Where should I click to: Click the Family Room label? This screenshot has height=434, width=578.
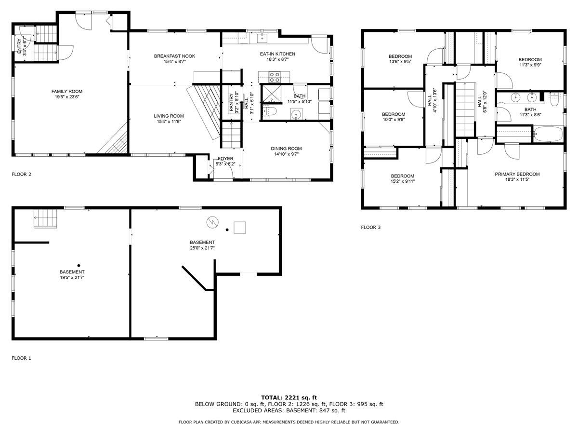click(67, 91)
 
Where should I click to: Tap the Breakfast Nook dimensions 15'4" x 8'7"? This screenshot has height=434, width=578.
click(174, 62)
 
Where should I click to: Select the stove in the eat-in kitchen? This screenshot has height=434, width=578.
click(274, 76)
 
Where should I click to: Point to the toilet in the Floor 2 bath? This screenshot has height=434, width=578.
click(269, 111)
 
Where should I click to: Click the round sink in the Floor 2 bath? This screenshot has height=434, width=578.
click(296, 114)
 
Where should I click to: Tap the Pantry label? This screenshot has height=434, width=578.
click(231, 102)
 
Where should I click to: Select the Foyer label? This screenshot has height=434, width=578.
click(225, 158)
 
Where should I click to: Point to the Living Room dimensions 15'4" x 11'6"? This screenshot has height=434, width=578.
click(169, 122)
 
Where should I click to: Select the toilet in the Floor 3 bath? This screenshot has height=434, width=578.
click(553, 99)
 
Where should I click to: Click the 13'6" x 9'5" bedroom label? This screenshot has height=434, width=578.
click(400, 56)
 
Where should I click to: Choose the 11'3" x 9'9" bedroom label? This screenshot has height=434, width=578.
click(530, 59)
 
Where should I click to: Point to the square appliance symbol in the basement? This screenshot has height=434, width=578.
click(240, 227)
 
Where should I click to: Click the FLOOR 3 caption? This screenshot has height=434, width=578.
click(371, 227)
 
